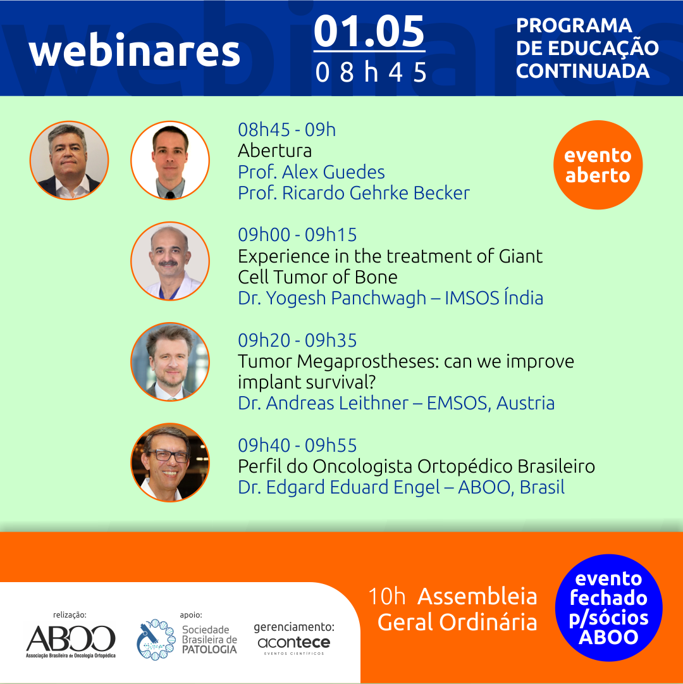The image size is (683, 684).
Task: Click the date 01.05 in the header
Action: click(x=369, y=32)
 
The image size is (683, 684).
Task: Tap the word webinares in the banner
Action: click(x=134, y=51)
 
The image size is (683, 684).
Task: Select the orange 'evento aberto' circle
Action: click(x=598, y=165)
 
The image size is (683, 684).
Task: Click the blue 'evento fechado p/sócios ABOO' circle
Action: click(x=608, y=607)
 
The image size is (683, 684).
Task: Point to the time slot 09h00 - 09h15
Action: click(x=297, y=235)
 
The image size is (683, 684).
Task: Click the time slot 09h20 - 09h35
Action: click(x=297, y=340)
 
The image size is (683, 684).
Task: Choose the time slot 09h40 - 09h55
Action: click(x=297, y=445)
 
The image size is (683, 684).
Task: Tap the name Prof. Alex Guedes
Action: click(x=311, y=172)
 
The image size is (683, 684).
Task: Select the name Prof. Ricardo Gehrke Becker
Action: click(x=354, y=193)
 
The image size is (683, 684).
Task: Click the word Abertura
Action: click(x=274, y=151)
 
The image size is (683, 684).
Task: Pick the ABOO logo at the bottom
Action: click(x=71, y=641)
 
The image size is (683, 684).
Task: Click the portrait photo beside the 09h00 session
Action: click(x=170, y=261)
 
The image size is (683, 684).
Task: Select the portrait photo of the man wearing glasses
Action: click(x=170, y=463)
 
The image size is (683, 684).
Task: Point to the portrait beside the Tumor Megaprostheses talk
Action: click(x=170, y=362)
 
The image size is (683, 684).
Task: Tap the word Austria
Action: click(x=526, y=403)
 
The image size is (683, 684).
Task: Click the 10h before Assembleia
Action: click(x=386, y=596)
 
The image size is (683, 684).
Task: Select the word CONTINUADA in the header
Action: click(x=582, y=71)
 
